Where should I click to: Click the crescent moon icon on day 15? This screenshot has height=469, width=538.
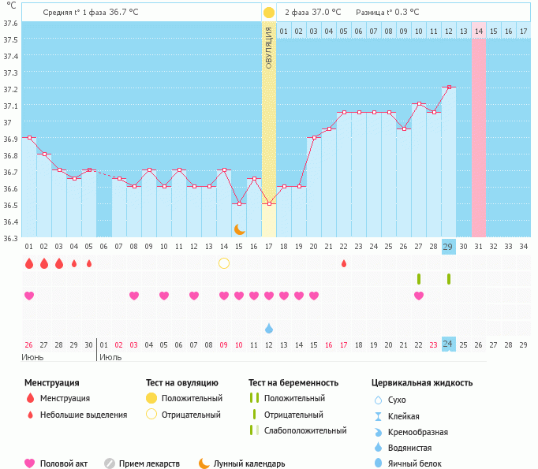(239, 229)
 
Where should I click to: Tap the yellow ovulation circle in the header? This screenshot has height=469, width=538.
(268, 13)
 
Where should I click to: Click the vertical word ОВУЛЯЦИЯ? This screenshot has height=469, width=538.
(268, 47)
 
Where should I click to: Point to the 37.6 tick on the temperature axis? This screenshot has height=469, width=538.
(10, 23)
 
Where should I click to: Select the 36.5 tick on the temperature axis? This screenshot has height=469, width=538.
(10, 206)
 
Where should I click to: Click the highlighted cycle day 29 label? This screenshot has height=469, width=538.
(448, 247)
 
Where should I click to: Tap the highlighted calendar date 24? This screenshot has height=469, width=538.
(448, 344)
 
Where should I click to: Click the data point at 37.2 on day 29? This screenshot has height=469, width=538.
(448, 87)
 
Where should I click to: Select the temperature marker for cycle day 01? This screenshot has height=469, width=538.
(29, 138)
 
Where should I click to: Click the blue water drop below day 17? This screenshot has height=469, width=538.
(269, 327)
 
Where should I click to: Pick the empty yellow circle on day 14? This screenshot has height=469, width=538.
(224, 262)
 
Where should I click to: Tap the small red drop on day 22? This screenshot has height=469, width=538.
(344, 263)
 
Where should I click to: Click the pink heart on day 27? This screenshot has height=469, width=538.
(418, 296)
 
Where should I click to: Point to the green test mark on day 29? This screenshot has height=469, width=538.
(448, 278)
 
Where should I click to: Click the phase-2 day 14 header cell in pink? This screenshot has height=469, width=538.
(478, 31)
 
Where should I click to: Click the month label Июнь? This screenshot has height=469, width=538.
(33, 357)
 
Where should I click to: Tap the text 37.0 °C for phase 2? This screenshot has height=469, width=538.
(325, 13)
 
